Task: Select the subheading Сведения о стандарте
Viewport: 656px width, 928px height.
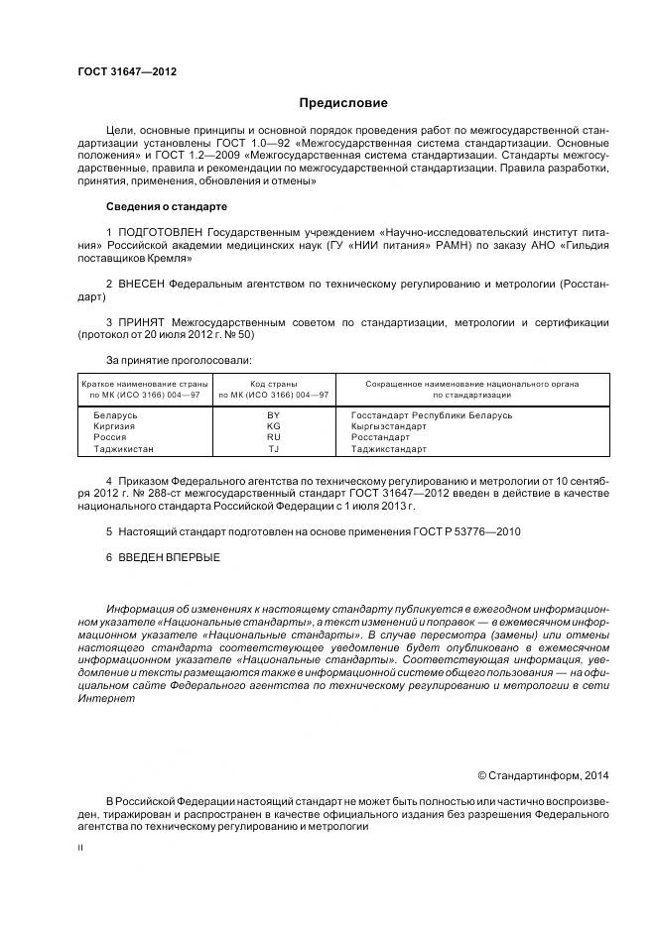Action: [x=166, y=206]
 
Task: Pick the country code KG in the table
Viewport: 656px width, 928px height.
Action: [x=274, y=426]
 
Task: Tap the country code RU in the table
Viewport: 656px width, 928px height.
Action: [x=274, y=437]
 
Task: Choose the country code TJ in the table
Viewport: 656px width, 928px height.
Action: [x=274, y=449]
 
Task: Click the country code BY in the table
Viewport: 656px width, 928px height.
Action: [x=274, y=415]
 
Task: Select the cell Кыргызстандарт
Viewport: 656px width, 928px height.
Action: [x=388, y=426]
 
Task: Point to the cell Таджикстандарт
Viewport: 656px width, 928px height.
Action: [x=389, y=449]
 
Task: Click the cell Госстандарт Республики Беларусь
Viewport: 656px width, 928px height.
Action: [x=431, y=415]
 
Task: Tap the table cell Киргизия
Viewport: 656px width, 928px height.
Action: [x=113, y=426]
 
